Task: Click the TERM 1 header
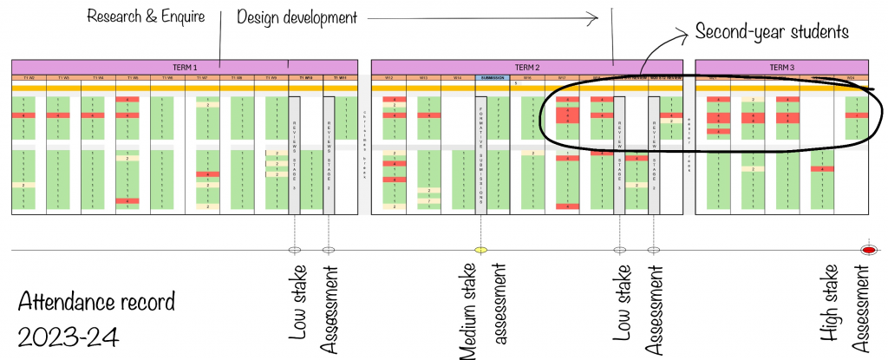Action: [185, 67]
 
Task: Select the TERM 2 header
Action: [526, 67]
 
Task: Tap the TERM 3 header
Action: [782, 67]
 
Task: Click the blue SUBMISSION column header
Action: [493, 77]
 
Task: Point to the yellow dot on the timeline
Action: [480, 250]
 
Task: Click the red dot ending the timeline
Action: [869, 251]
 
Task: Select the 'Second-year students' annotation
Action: [770, 32]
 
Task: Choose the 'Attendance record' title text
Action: [96, 302]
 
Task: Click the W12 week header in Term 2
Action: [388, 78]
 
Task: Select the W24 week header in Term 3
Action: [850, 78]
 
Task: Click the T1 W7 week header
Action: [202, 78]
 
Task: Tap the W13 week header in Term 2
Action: [423, 78]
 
